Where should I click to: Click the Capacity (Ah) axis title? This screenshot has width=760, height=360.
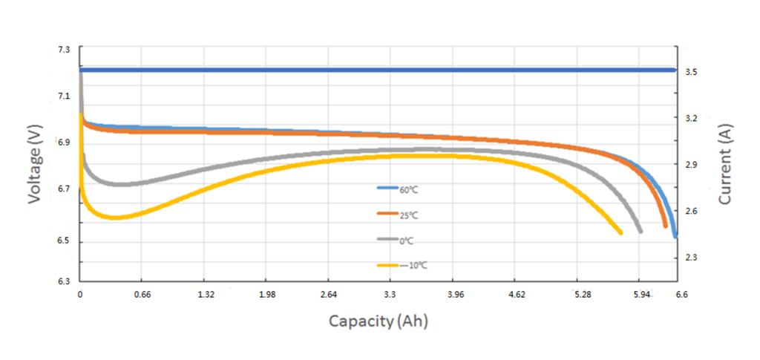379,321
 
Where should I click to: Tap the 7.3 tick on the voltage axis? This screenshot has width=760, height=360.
64,49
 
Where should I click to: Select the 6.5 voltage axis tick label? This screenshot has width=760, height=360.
64,242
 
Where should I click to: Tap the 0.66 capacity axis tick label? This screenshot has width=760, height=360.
143,295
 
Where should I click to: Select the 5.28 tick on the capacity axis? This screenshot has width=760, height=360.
583,295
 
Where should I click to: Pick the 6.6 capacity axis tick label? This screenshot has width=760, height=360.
681,295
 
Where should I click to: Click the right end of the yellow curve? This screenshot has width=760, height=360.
620,233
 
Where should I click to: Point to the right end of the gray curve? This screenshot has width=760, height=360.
640,231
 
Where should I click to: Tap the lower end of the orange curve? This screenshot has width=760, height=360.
665,226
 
